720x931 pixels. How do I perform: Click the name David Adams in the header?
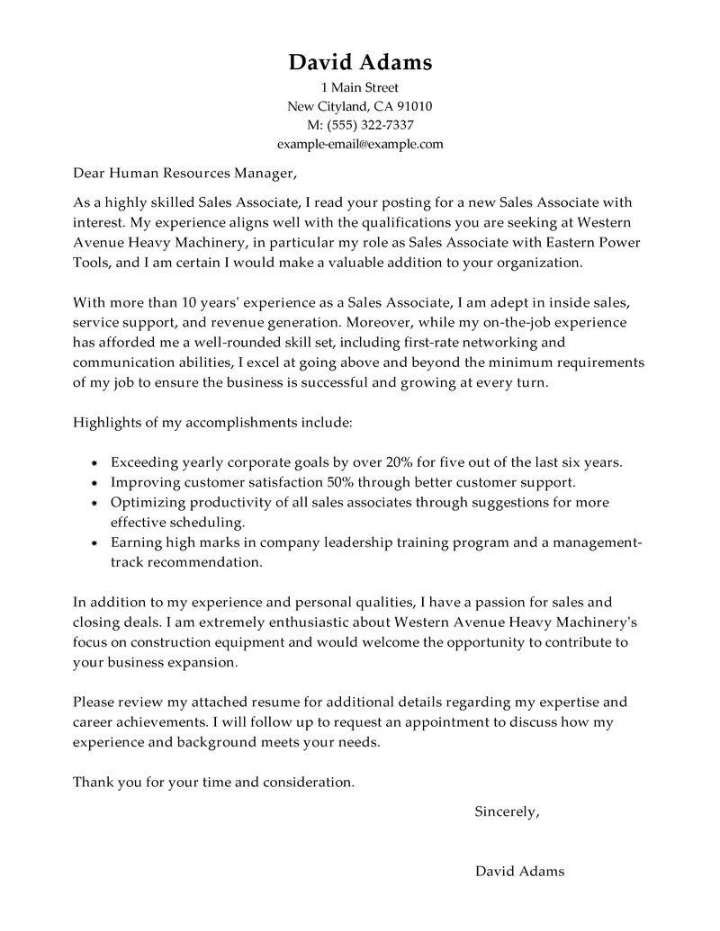pyautogui.click(x=360, y=62)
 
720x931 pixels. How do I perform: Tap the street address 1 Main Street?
pyautogui.click(x=360, y=88)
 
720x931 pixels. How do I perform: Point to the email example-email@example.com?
pyautogui.click(x=360, y=143)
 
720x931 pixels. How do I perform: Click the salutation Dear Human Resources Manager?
pyautogui.click(x=184, y=172)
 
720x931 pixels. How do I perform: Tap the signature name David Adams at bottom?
pyautogui.click(x=519, y=871)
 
